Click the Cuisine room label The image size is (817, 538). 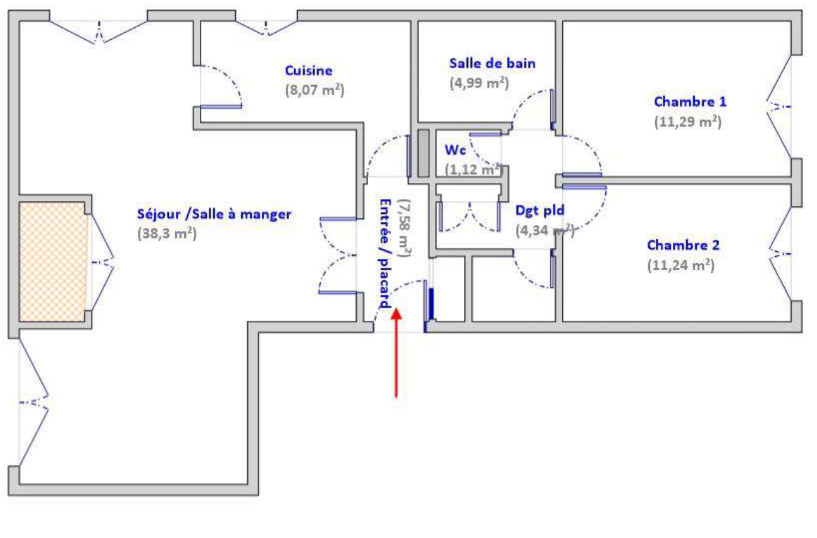[309, 71]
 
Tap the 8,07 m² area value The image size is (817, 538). [315, 90]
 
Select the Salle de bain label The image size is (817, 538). [493, 63]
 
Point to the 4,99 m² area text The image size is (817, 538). [479, 83]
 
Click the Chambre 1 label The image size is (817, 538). [690, 102]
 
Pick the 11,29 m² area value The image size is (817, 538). [688, 122]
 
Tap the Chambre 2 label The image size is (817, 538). [683, 245]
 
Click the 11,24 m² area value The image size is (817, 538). [681, 265]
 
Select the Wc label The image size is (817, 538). [455, 150]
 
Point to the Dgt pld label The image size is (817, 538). [540, 210]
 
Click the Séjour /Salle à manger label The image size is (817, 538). [214, 214]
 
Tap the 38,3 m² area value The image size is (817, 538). [167, 234]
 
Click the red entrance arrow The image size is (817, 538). [396, 353]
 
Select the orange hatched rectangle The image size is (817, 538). [53, 262]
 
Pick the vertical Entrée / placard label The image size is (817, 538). [385, 253]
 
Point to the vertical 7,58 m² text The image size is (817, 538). [405, 228]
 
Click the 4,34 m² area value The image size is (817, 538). [545, 230]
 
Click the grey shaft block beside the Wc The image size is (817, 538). [423, 153]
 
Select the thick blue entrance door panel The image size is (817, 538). [431, 304]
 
